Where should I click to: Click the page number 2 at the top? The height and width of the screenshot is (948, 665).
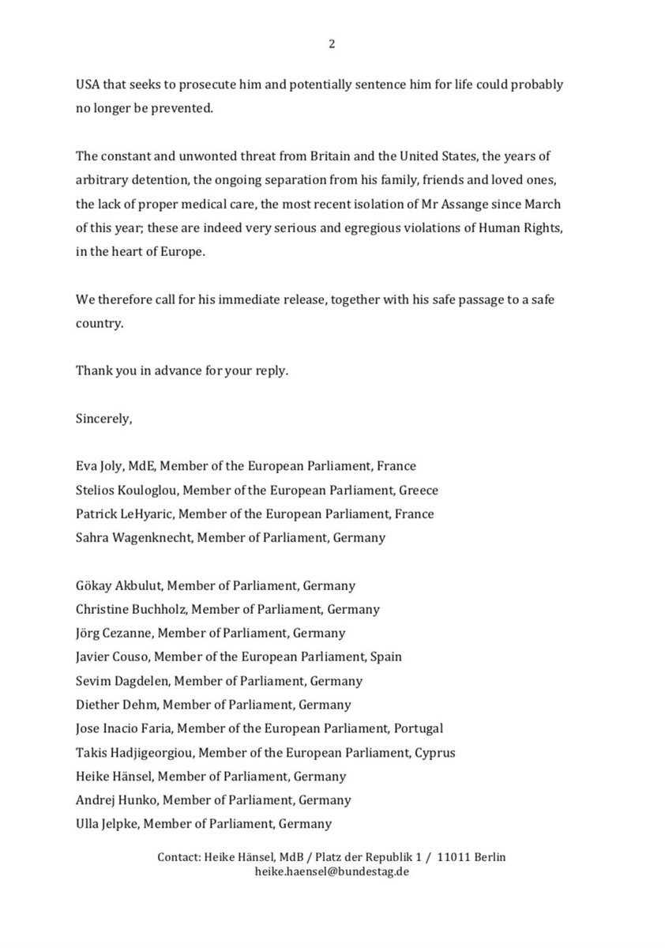pyautogui.click(x=332, y=44)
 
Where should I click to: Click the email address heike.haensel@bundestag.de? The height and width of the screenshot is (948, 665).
pyautogui.click(x=332, y=873)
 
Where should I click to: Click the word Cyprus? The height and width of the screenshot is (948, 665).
pyautogui.click(x=434, y=753)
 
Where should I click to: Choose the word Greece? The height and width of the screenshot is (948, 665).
pyautogui.click(x=418, y=490)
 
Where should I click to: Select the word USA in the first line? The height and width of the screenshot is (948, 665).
pyautogui.click(x=88, y=84)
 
